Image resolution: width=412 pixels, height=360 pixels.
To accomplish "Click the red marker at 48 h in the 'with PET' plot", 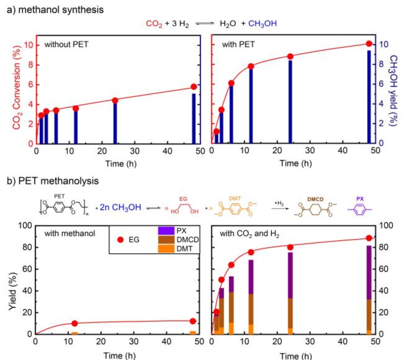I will (x=369, y=44).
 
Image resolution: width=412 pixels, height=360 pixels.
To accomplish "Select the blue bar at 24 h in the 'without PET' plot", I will (x=115, y=123).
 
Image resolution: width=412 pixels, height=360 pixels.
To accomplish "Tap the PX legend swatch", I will (x=166, y=231).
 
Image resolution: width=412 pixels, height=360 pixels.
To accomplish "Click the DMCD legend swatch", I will (x=166, y=240).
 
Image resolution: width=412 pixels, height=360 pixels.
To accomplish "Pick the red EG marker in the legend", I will (x=121, y=240).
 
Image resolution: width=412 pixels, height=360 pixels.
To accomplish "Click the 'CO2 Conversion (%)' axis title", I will (x=17, y=87).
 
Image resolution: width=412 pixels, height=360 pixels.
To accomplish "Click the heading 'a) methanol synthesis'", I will (x=55, y=10).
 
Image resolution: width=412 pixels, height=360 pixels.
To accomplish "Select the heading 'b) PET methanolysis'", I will (x=53, y=181).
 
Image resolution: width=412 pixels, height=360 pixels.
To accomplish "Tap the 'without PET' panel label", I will (x=66, y=44).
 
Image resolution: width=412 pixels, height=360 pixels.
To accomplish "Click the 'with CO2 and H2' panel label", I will (x=249, y=234).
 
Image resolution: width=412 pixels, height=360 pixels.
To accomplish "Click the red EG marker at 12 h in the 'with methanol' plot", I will (x=74, y=323).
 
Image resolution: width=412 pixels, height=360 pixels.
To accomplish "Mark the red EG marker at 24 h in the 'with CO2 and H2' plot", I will (x=290, y=247).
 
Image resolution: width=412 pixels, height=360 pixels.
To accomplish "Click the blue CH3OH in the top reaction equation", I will (x=262, y=23).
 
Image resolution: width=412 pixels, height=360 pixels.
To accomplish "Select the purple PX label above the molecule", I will (x=360, y=199).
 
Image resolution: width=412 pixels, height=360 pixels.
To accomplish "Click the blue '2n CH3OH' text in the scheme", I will (x=120, y=207).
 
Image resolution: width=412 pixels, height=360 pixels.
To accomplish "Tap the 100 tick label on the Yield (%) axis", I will (x=25, y=225).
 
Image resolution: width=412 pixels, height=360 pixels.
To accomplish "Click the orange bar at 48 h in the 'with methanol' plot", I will (x=193, y=332).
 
